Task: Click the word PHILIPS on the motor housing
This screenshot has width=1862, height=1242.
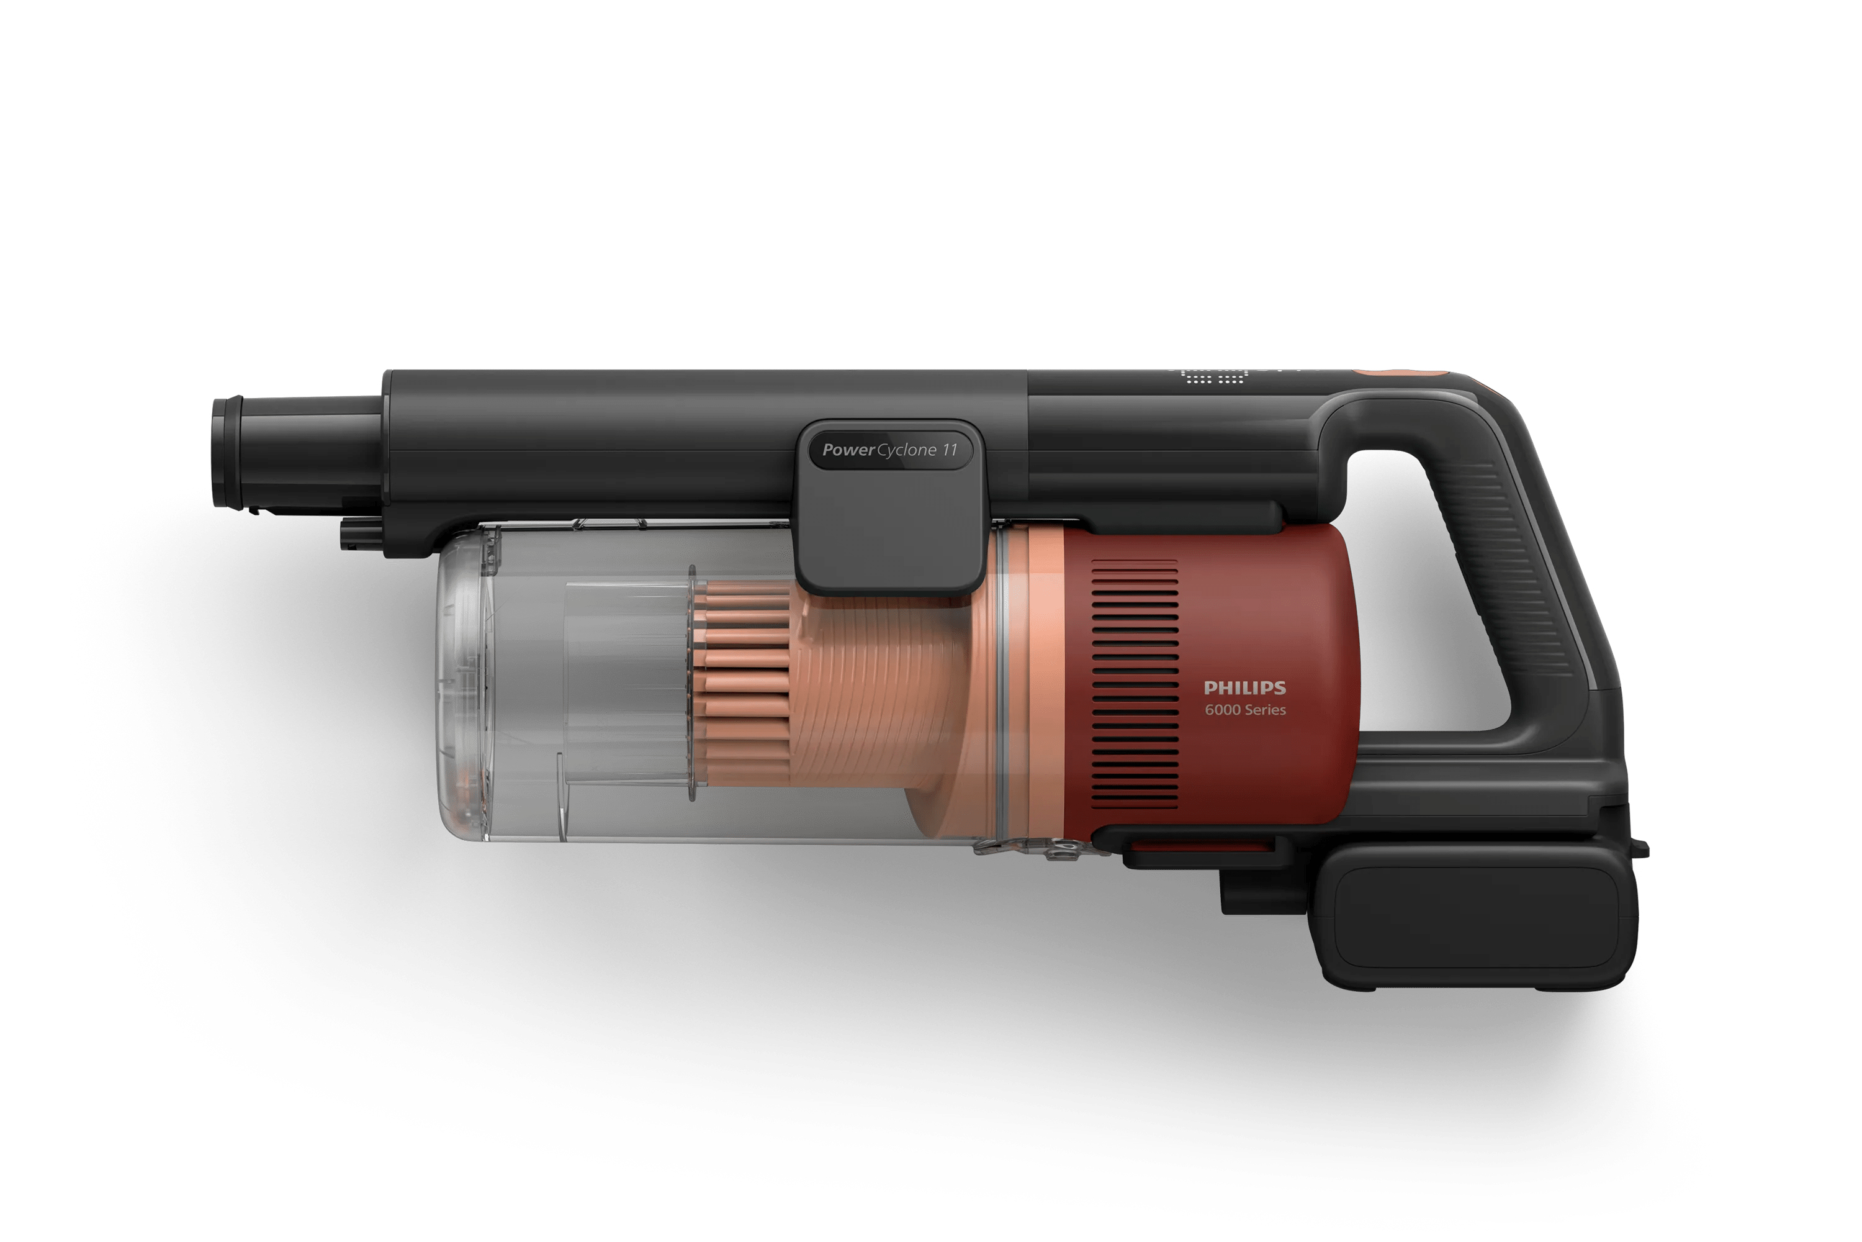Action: tap(1244, 687)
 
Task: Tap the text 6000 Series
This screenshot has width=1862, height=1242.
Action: tap(1245, 710)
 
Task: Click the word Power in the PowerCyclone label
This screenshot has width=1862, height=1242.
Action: tap(848, 450)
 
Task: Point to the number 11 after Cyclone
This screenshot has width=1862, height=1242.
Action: tap(949, 450)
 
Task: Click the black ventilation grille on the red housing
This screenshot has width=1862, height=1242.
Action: tap(1135, 684)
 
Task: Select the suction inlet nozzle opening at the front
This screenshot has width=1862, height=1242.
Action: tap(227, 451)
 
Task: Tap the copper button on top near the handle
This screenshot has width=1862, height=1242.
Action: tap(1400, 371)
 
